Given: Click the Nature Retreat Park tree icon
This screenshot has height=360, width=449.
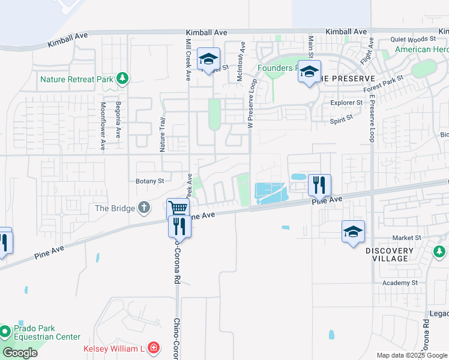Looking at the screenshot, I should click(x=122, y=78).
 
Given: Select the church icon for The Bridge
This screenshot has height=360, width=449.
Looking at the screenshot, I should click(x=144, y=208).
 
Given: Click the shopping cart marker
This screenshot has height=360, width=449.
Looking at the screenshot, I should click(x=178, y=209).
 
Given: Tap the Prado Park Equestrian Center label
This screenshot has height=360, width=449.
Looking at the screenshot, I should click(x=36, y=332).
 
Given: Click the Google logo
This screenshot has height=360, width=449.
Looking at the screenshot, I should click(x=20, y=352).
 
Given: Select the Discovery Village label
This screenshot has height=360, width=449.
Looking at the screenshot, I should click(x=390, y=254).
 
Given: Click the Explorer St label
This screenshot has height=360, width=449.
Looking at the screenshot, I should click(x=347, y=103).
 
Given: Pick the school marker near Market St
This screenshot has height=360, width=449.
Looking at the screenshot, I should click(x=353, y=232).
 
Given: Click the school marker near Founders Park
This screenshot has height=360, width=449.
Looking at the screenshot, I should click(x=309, y=71).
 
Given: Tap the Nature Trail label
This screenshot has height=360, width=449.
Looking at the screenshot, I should click(x=161, y=132).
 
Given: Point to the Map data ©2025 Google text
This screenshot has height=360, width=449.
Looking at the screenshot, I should click(x=411, y=355).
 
